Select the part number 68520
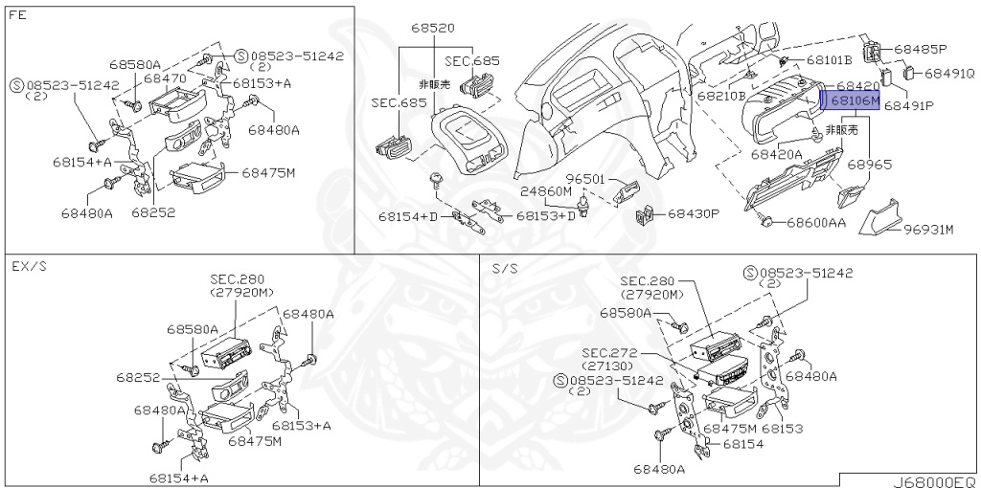tap(433, 28)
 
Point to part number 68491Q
tap(949, 73)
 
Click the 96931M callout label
tap(928, 230)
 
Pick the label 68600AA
tap(816, 223)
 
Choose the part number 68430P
tap(693, 213)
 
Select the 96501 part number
tap(583, 179)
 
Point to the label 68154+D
tap(408, 217)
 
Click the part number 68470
tap(165, 78)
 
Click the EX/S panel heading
tap(29, 267)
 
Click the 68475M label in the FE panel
tap(267, 173)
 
